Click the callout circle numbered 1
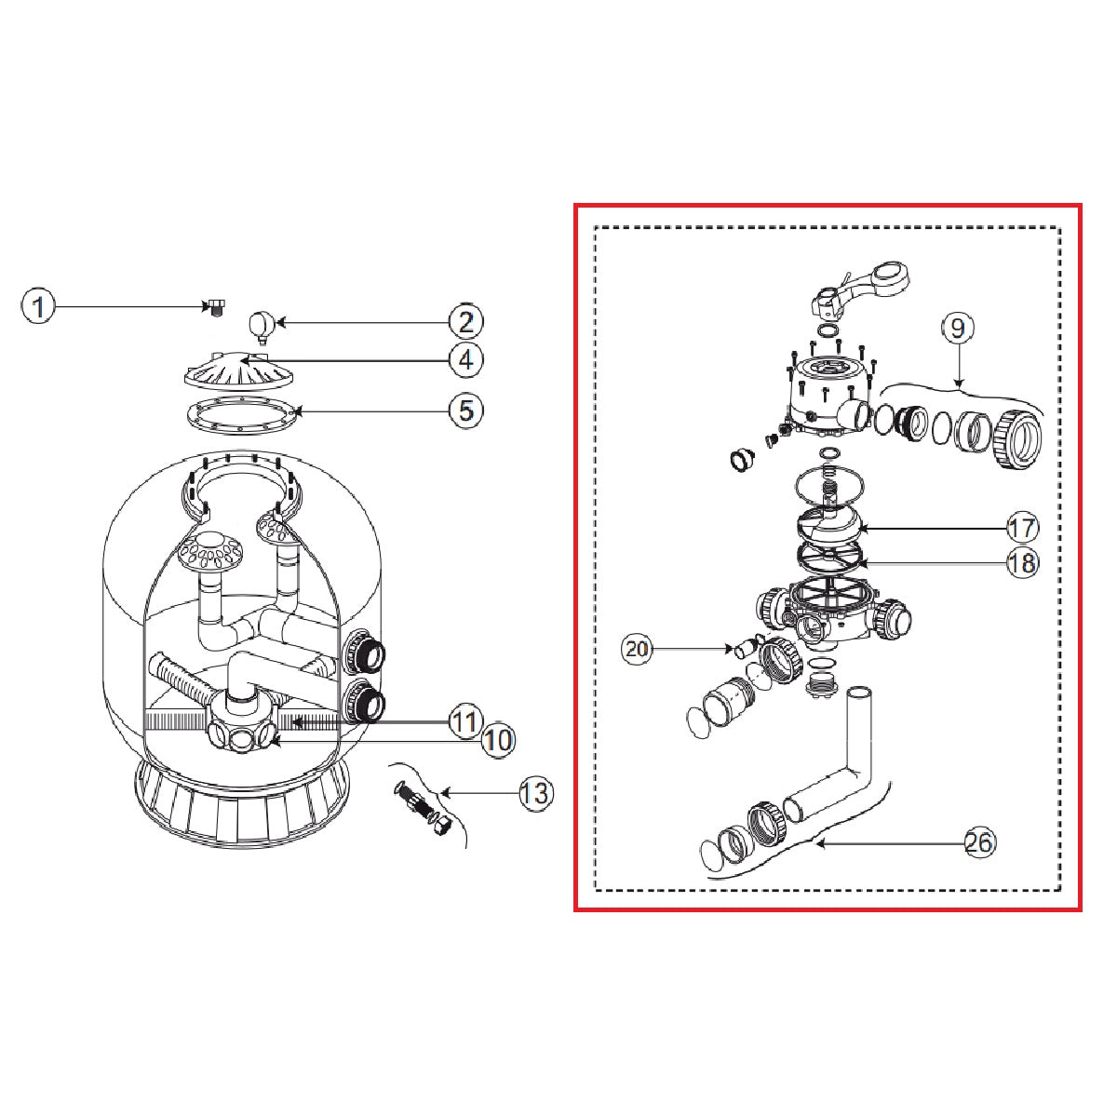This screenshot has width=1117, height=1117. point(38,306)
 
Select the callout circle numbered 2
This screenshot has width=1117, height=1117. point(466,322)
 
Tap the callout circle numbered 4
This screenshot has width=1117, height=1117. point(466,359)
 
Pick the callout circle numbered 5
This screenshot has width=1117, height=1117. point(466,411)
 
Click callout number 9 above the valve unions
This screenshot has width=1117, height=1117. point(958,329)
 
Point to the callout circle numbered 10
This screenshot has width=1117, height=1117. point(499,740)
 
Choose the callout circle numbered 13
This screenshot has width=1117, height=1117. point(535,793)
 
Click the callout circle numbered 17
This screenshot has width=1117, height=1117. point(1022,528)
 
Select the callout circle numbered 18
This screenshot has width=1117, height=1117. point(1022,562)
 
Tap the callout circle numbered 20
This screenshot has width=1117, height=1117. point(637,648)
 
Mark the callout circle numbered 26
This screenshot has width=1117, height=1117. point(980,841)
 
